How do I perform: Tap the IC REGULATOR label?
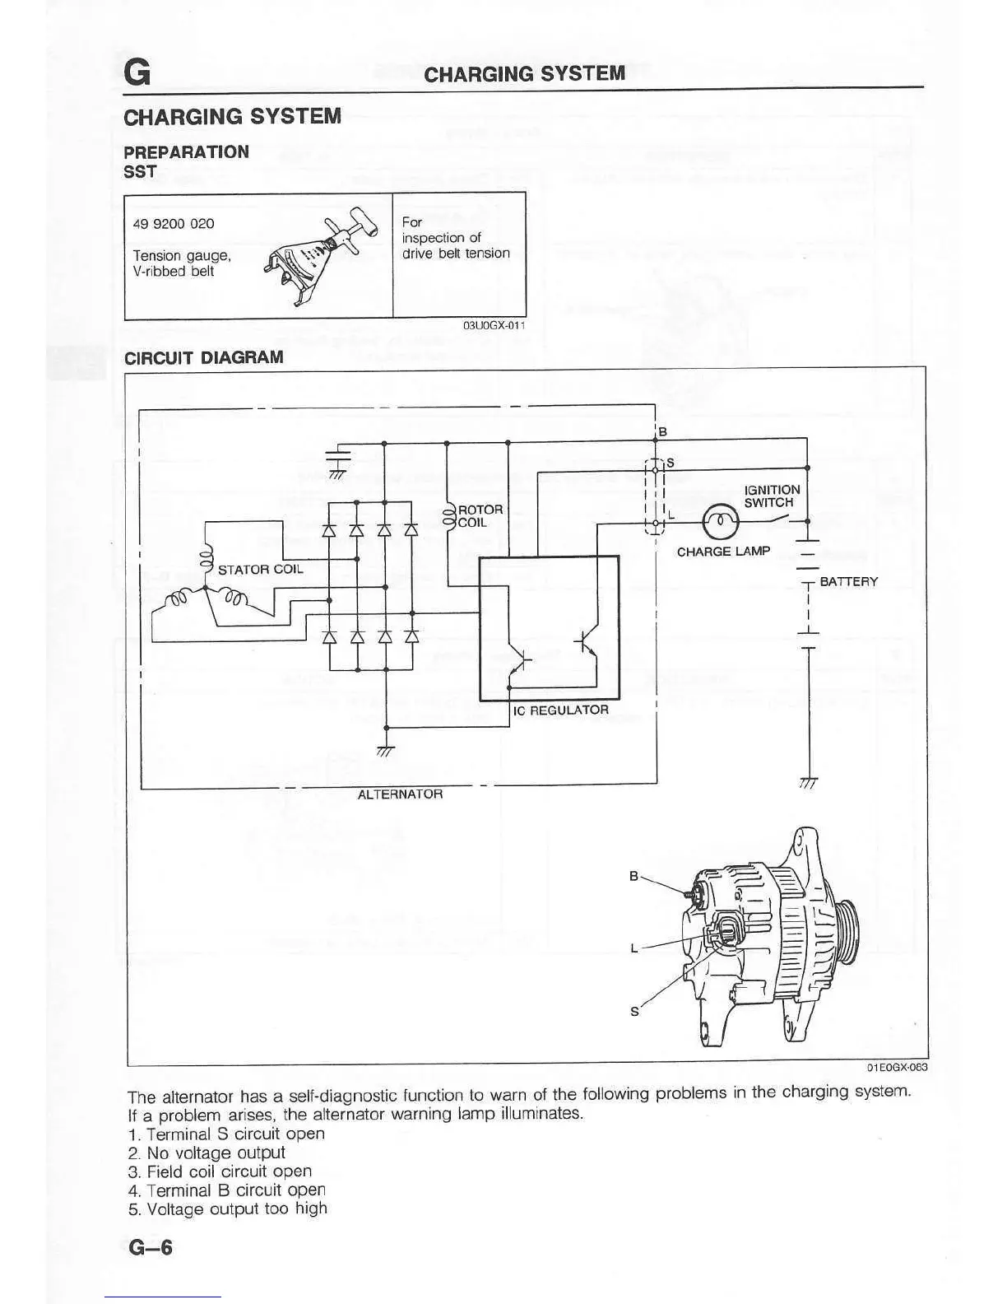[x=560, y=710]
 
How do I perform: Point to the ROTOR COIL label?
[x=480, y=516]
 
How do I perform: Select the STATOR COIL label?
[x=260, y=569]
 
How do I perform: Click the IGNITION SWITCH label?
[x=771, y=496]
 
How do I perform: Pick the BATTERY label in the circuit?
[x=848, y=581]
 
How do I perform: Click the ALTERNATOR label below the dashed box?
[x=400, y=794]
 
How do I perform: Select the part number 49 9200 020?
[x=174, y=224]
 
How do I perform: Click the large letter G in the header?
[x=137, y=73]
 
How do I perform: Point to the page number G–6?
[x=151, y=1247]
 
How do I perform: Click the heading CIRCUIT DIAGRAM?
[x=203, y=357]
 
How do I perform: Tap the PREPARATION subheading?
[x=186, y=151]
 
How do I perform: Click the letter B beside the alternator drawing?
[x=633, y=876]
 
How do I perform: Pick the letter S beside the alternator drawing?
[x=633, y=1011]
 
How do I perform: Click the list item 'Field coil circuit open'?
[x=220, y=1171]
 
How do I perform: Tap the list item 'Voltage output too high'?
[x=228, y=1209]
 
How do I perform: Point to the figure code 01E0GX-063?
[x=896, y=1068]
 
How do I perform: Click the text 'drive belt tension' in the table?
[x=456, y=254]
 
